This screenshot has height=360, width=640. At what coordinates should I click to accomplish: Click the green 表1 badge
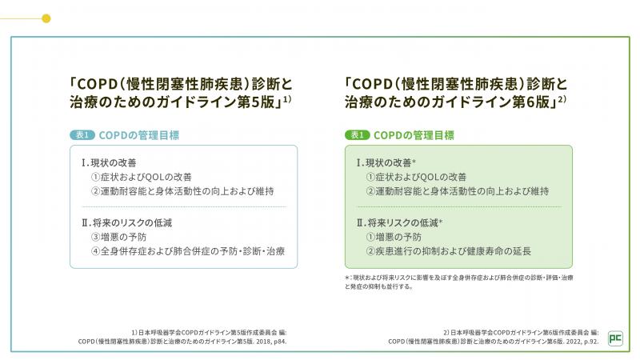[358, 135]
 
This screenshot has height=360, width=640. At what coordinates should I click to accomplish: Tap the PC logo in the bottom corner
[616, 338]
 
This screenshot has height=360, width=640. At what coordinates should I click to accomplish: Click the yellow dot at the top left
[46, 18]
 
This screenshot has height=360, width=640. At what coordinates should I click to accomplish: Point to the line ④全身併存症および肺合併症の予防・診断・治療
[188, 251]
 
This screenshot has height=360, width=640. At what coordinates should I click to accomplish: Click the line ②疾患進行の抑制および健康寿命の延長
[448, 251]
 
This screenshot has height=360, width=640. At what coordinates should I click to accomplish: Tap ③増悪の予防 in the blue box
[118, 237]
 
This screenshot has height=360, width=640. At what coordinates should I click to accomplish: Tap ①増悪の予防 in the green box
[394, 237]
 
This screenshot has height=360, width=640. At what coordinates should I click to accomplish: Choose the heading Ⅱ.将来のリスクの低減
[129, 222]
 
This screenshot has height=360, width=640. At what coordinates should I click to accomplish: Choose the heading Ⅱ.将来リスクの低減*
[400, 222]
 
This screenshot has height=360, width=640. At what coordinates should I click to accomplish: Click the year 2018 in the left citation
[258, 340]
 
